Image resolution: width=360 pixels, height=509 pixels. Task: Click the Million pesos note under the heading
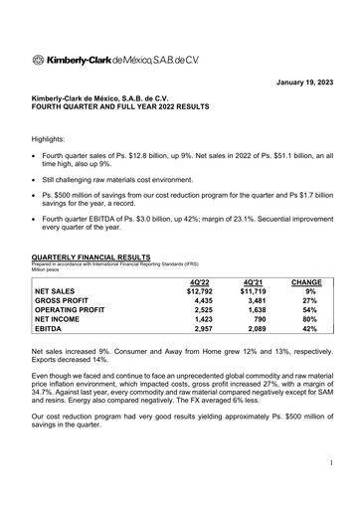tap(50, 276)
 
